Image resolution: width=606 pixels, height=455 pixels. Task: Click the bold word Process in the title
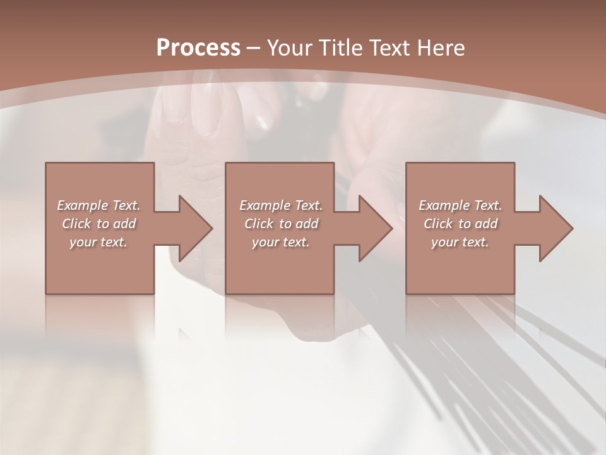(x=198, y=48)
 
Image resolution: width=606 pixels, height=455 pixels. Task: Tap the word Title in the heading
(x=340, y=48)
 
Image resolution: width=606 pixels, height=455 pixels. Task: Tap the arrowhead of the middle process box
(x=375, y=228)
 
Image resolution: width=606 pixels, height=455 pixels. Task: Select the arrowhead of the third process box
(x=555, y=228)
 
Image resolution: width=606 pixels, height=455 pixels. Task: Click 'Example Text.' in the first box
(x=98, y=205)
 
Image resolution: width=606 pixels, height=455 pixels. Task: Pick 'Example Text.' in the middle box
(x=281, y=205)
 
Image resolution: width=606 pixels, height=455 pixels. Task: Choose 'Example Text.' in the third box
(x=460, y=205)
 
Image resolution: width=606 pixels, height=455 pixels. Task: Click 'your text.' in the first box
(x=98, y=242)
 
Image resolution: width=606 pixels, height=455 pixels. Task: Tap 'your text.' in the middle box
(x=281, y=242)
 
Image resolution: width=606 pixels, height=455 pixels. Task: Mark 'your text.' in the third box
(x=460, y=242)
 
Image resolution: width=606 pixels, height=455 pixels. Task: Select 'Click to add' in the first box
(x=98, y=224)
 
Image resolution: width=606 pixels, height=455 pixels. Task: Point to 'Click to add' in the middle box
(x=281, y=224)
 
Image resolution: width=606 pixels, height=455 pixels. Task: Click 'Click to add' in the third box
(x=460, y=224)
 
